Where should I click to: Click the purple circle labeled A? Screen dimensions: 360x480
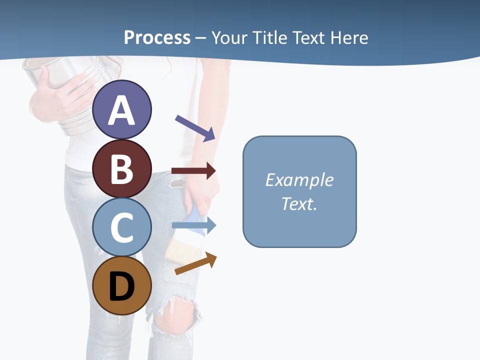point(122,109)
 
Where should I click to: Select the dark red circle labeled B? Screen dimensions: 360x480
point(122,168)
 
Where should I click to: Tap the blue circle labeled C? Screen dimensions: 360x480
point(122,227)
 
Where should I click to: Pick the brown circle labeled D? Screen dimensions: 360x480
point(122,285)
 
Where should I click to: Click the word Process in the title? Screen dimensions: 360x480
point(157,37)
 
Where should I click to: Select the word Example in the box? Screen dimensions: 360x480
point(299,179)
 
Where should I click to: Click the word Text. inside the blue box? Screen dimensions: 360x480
point(299,203)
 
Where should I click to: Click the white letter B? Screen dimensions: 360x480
point(122,169)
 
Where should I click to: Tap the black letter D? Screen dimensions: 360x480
point(122,286)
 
